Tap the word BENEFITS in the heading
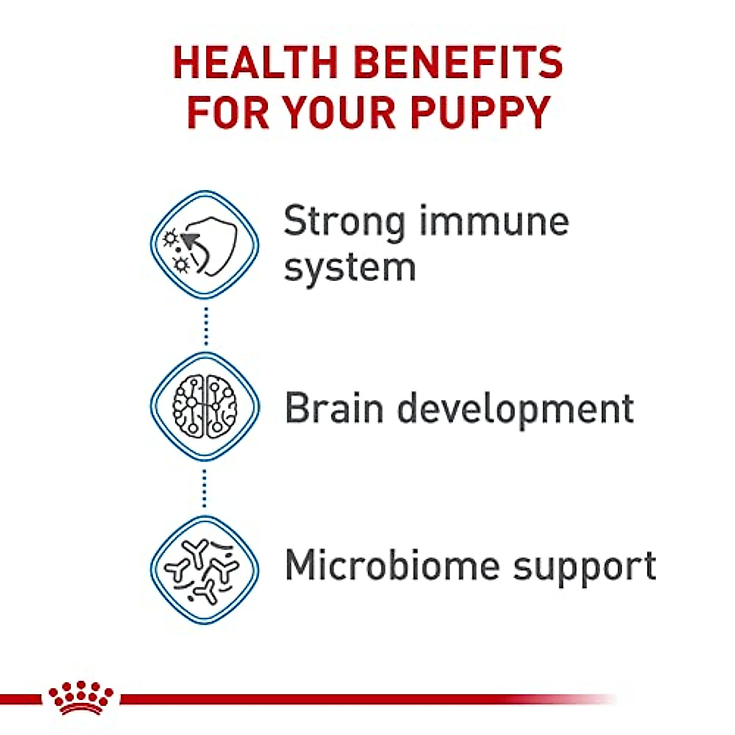[x=458, y=63]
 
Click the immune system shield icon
[x=205, y=244]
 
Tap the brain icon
[x=205, y=405]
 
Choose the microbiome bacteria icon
[x=205, y=570]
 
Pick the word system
[x=350, y=268]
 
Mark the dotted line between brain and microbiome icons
[x=205, y=488]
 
